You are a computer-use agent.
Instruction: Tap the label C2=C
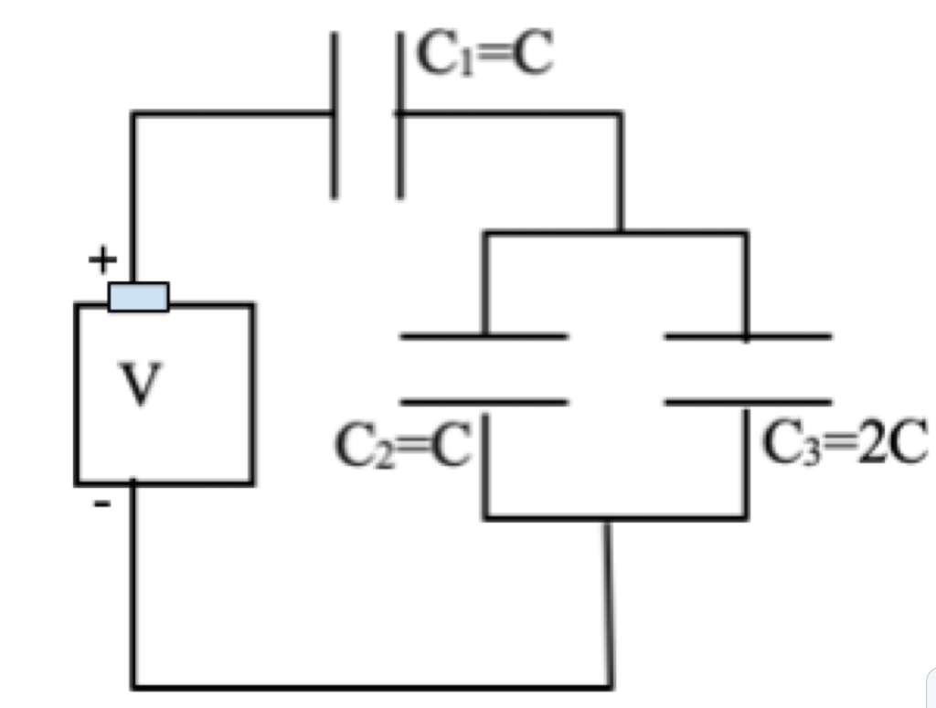click(x=402, y=445)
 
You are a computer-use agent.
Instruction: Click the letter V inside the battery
click(x=139, y=386)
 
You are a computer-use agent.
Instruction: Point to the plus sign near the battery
click(x=101, y=261)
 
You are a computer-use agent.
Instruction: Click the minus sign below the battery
click(x=102, y=503)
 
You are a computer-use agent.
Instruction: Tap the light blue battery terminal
click(x=138, y=297)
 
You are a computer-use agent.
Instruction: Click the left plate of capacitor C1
click(x=335, y=114)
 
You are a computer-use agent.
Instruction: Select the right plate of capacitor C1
click(x=399, y=114)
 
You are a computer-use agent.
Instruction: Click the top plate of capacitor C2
click(x=484, y=337)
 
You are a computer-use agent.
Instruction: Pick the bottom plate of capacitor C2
click(x=484, y=401)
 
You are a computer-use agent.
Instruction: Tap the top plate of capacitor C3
click(x=748, y=337)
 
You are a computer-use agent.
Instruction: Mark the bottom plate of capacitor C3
click(x=748, y=401)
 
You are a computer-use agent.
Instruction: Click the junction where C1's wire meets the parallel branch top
click(x=620, y=233)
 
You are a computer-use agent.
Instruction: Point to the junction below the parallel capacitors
click(x=605, y=519)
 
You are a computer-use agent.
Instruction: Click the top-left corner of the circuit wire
click(x=134, y=114)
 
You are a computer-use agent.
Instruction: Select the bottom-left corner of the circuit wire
click(x=134, y=685)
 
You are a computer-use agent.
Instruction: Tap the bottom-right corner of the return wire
click(x=610, y=685)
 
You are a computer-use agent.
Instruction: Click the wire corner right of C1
click(x=621, y=114)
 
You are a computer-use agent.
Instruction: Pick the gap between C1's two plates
click(x=367, y=114)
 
